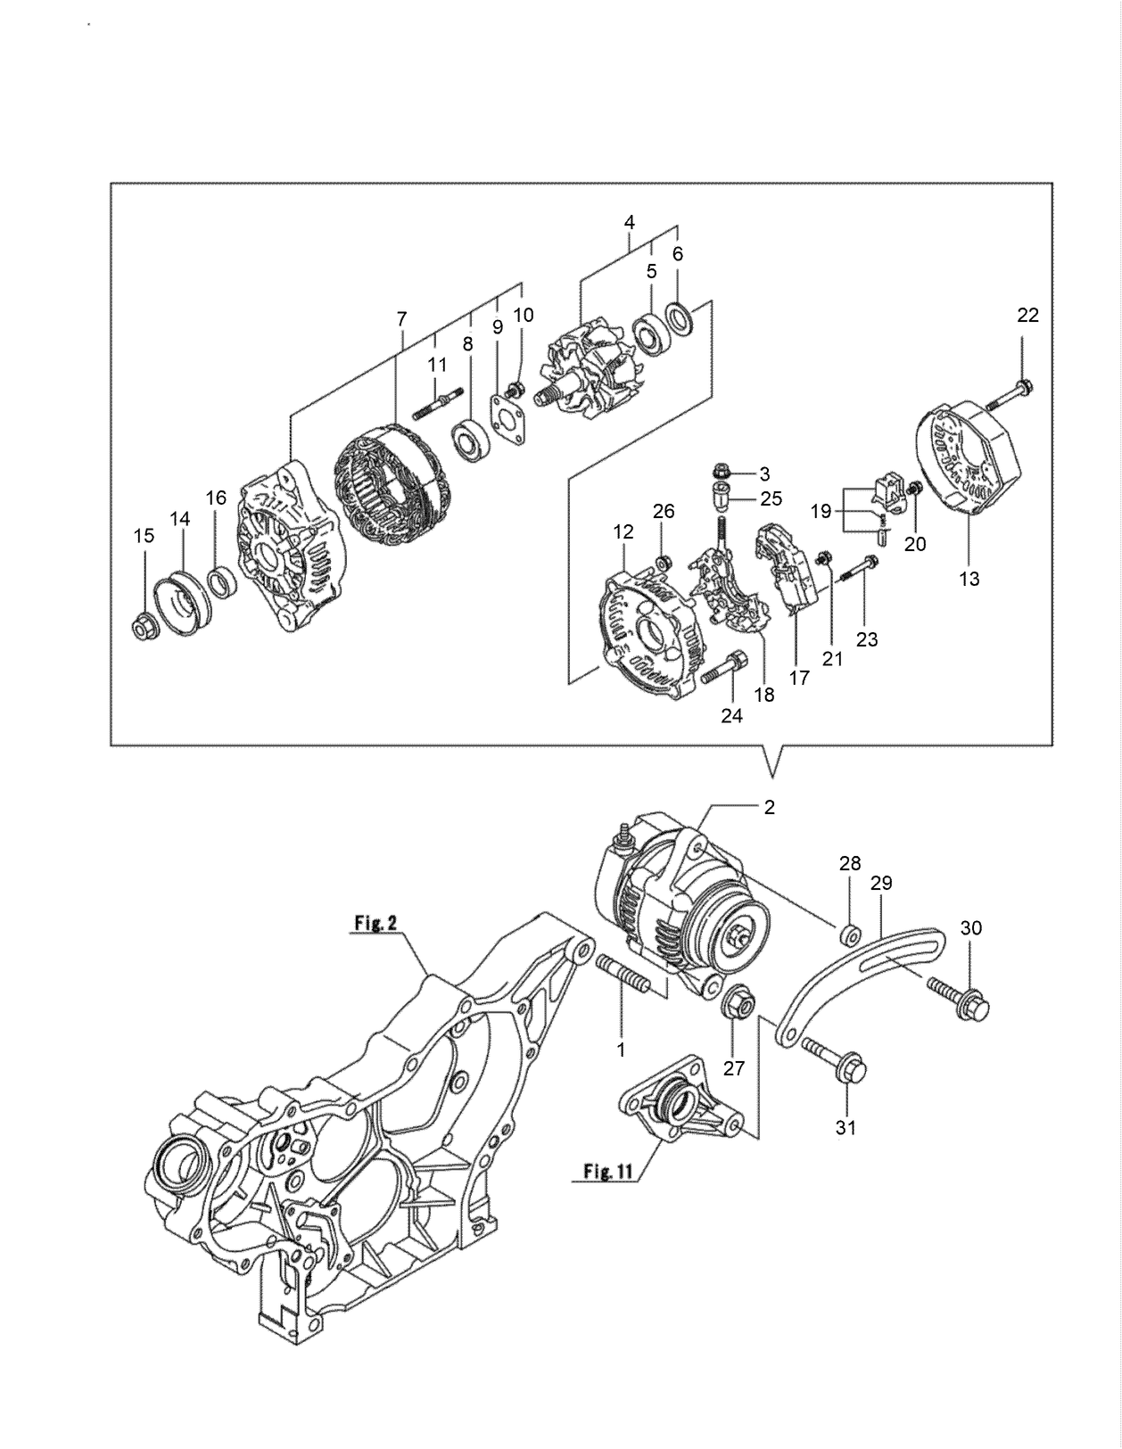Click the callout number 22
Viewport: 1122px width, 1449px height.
click(x=1027, y=315)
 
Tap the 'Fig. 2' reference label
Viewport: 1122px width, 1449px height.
click(x=375, y=923)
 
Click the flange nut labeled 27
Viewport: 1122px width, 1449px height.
click(x=736, y=1003)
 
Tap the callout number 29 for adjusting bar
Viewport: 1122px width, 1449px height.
click(x=881, y=883)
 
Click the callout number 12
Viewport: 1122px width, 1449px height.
click(x=623, y=532)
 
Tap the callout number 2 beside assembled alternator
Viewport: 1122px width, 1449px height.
click(x=769, y=808)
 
